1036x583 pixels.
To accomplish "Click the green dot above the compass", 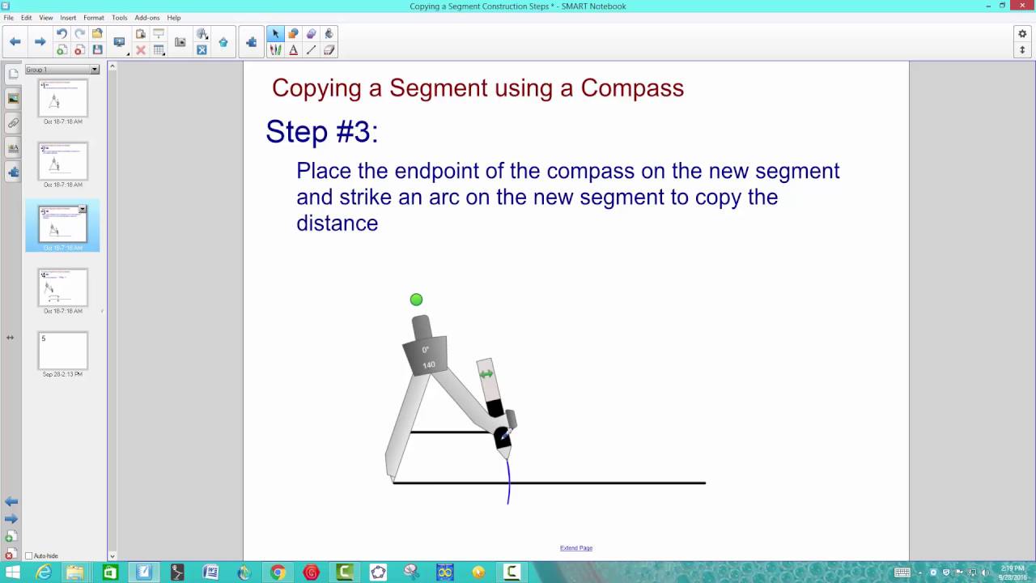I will (416, 300).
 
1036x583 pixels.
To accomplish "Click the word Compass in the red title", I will (632, 87).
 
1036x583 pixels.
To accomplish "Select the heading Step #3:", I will (322, 132).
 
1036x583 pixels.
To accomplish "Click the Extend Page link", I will (576, 548).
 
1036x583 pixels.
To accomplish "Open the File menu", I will (8, 18).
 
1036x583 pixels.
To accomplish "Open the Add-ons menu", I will (147, 18).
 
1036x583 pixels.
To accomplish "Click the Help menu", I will (174, 18).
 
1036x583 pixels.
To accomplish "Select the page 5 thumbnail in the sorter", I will (62, 351).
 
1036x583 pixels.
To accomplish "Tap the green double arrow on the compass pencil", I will (486, 374).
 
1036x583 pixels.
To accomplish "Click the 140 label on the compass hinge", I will (428, 364).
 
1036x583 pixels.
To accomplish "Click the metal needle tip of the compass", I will (393, 479).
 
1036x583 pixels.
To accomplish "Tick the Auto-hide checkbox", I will (29, 556).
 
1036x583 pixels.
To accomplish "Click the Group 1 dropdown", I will (62, 70).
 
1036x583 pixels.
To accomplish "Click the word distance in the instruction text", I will (337, 223).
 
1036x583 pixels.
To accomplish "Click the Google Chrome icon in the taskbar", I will (278, 572).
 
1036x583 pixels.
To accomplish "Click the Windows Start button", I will (12, 572).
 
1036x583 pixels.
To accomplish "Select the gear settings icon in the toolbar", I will (1022, 34).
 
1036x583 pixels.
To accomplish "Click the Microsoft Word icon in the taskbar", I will (210, 572).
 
